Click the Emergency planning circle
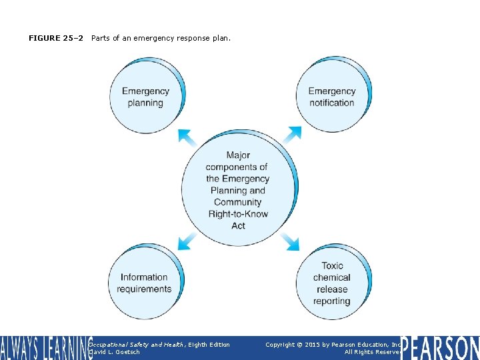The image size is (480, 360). (145, 97)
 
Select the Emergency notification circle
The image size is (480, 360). (331, 97)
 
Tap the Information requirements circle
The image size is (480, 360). (144, 283)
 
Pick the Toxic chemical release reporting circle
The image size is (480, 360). (331, 283)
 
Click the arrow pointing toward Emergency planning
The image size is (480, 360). (187, 137)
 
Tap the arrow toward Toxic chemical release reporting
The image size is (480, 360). (290, 242)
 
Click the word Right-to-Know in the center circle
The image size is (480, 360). (238, 214)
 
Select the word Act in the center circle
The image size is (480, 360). (238, 226)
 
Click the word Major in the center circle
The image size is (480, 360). (238, 155)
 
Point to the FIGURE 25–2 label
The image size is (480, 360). (56, 38)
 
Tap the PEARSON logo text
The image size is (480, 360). (440, 347)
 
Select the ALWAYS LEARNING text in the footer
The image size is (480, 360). (45, 347)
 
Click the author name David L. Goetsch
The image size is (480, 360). (115, 352)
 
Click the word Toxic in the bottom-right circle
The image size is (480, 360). (332, 265)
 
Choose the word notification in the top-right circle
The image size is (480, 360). (331, 103)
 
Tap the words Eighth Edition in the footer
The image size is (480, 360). (209, 345)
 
